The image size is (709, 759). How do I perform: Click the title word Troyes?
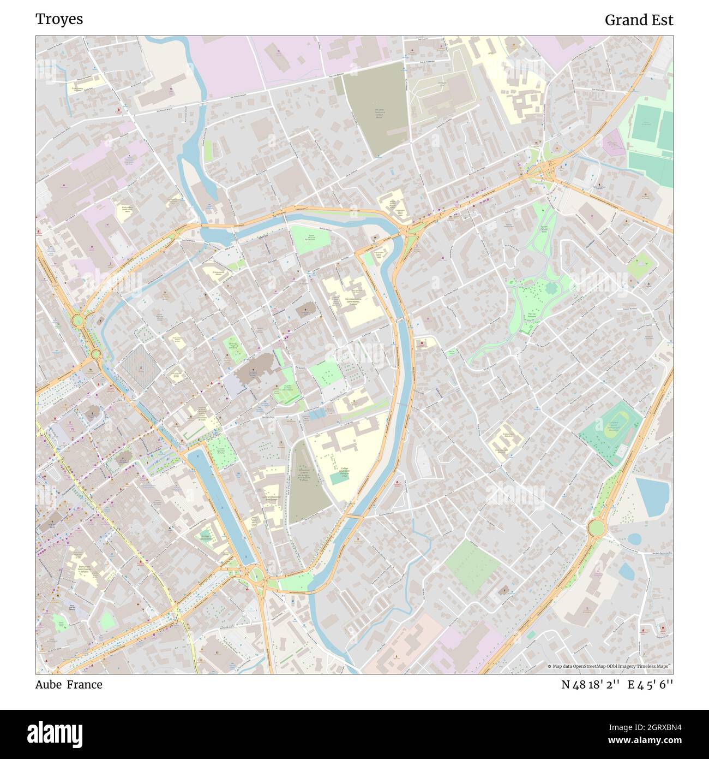59,20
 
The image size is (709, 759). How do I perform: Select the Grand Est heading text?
639,20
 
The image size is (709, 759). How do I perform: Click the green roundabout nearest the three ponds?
596,528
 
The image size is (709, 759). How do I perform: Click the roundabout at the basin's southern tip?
255,574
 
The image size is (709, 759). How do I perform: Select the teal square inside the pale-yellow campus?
338,478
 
